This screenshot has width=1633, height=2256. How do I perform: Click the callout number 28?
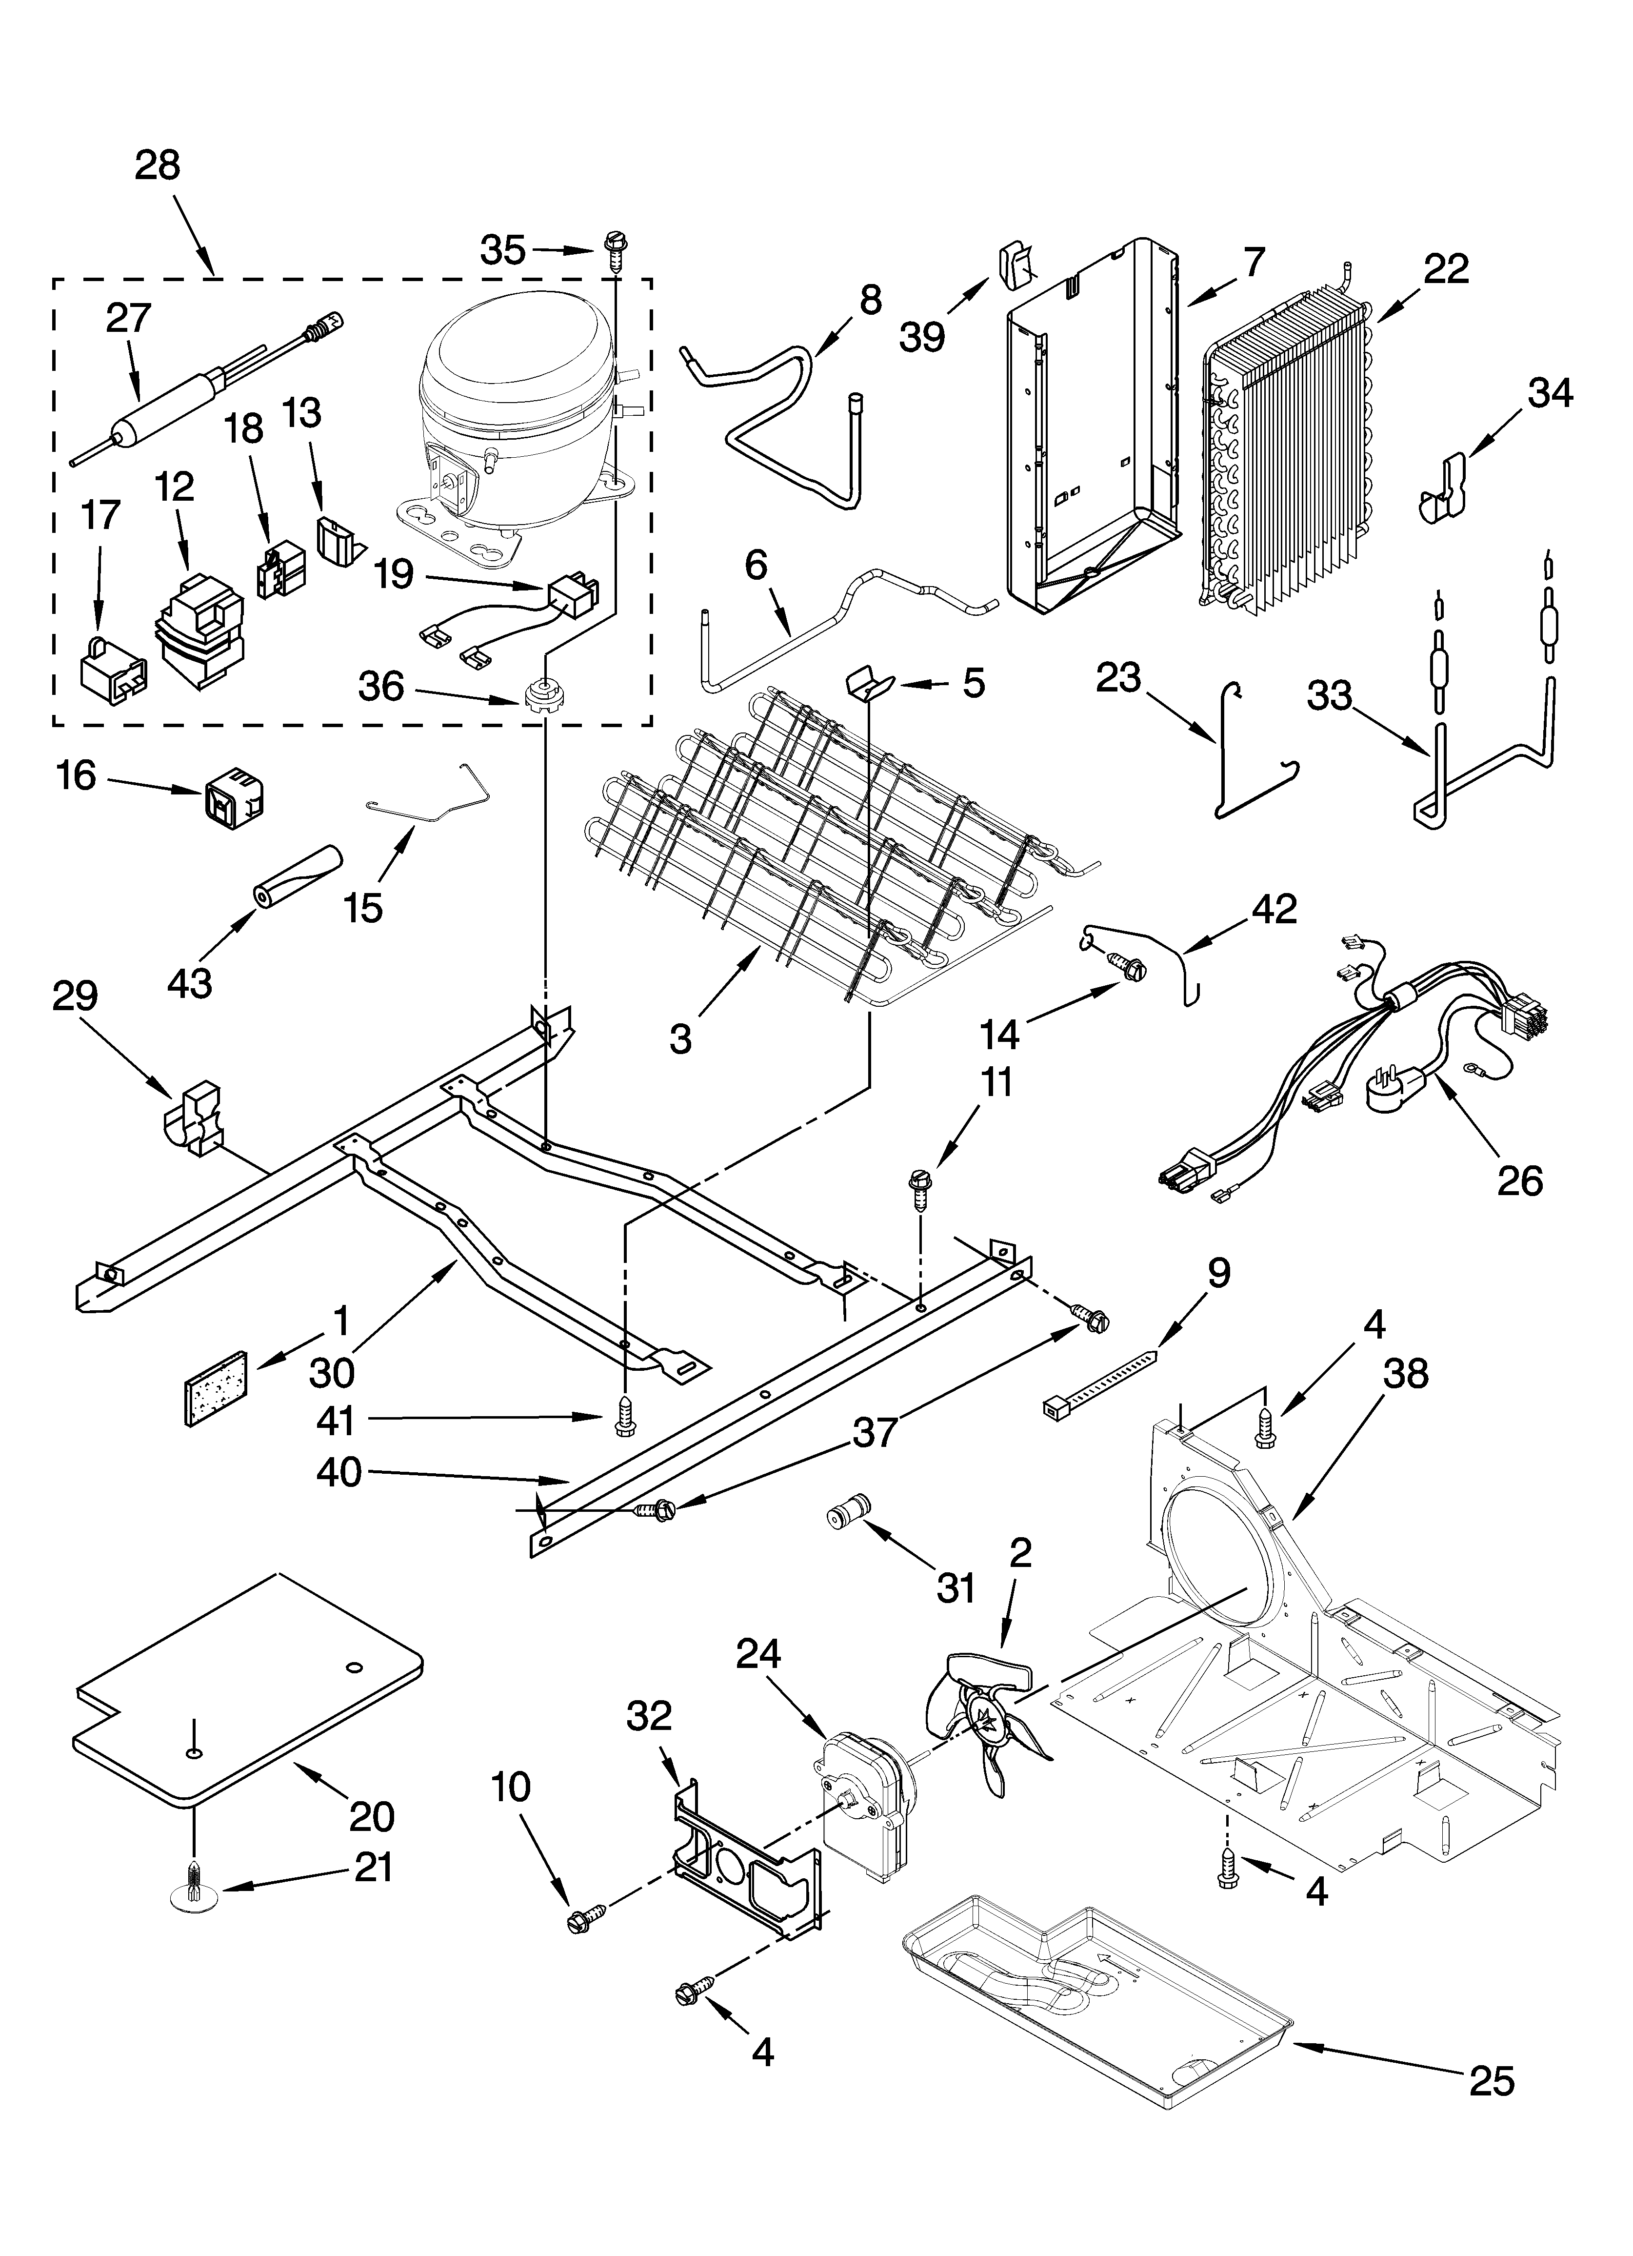coord(158,165)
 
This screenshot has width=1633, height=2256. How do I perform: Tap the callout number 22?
coord(1445,268)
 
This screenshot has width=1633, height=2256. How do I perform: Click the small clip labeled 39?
coord(1014,266)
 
